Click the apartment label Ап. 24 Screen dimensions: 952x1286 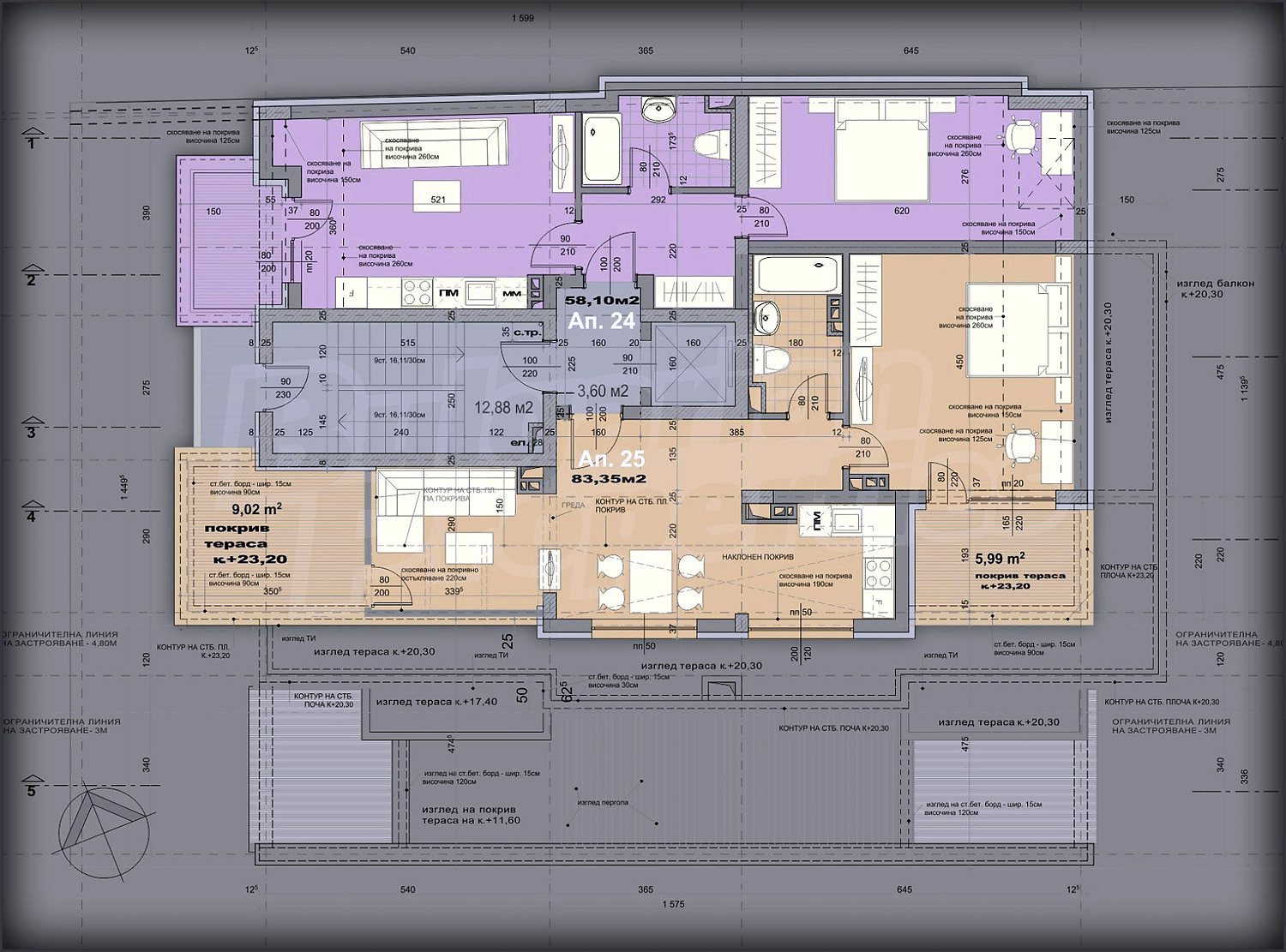[602, 321]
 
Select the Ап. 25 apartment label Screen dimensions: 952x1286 [610, 458]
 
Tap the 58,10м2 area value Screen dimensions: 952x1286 [602, 301]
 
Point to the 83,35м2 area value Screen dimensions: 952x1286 [614, 479]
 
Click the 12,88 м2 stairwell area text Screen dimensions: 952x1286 [503, 408]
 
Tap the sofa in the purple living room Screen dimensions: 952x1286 [434, 144]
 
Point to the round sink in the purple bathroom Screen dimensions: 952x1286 [659, 107]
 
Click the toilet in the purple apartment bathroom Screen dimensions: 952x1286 [711, 143]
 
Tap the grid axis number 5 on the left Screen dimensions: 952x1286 [32, 790]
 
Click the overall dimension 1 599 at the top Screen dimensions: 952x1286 [522, 18]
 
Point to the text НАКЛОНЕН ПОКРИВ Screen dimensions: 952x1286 [757, 557]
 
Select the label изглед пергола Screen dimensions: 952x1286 [603, 803]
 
